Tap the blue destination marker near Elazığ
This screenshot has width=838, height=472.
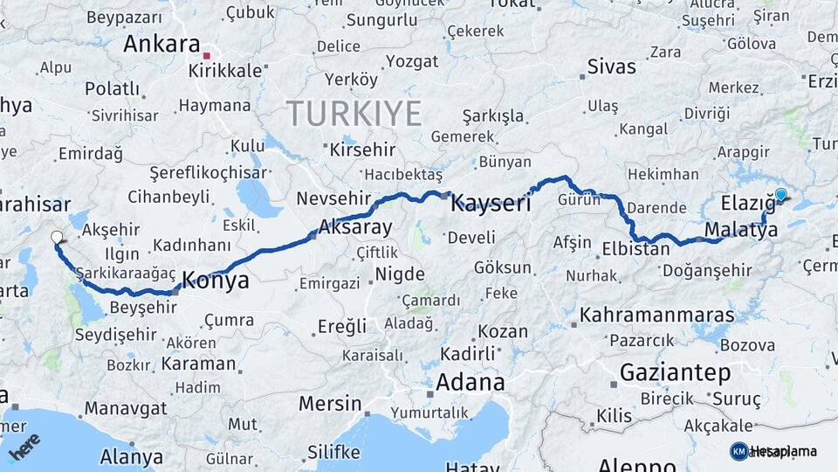point(780,196)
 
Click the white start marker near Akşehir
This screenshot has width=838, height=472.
point(57,237)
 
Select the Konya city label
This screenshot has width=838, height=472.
point(214,281)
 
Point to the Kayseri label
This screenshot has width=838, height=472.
point(491,205)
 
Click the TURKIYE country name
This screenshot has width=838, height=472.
point(354,113)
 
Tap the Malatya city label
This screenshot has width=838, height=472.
point(741,229)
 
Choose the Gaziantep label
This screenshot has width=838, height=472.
point(675,373)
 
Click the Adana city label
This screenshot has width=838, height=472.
point(470,382)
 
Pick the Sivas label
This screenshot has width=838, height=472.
point(611,66)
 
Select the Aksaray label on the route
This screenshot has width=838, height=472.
point(355,227)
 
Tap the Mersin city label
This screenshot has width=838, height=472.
point(330,404)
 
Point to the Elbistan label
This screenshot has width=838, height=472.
point(635,249)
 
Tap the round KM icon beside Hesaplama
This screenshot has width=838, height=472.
point(739,451)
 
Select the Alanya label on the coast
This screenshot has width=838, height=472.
point(131,456)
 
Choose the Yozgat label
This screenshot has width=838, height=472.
point(411,61)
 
